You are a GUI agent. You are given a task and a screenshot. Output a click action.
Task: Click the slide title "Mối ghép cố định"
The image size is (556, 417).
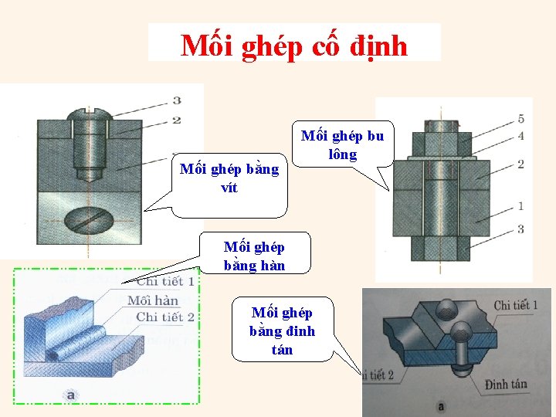tap(294, 46)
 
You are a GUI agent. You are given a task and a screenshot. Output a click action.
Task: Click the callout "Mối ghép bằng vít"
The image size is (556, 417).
tap(229, 178)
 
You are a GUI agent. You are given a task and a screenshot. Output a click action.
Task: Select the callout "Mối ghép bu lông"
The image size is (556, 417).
tap(342, 145)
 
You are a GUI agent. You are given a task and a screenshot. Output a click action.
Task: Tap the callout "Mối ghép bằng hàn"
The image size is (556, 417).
tap(254, 256)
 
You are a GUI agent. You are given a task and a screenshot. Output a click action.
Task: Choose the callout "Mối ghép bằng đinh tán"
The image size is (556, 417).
tap(282, 331)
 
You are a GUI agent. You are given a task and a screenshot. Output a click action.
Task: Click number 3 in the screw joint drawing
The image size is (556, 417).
tap(178, 100)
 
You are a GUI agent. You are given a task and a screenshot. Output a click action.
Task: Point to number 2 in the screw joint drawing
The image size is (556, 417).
tap(177, 120)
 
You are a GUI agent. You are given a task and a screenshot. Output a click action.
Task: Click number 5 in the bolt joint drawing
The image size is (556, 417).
tap(520, 119)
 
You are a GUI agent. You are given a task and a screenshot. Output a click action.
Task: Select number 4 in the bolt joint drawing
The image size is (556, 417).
tap(520, 136)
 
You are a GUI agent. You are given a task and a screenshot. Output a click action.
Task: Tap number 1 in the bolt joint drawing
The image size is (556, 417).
tap(520, 206)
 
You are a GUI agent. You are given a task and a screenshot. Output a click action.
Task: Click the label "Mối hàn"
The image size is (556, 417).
tap(153, 300)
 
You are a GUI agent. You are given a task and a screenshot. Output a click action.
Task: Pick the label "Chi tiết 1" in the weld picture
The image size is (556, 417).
tap(164, 282)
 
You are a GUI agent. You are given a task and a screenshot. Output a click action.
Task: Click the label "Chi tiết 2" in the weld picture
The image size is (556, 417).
tap(164, 317)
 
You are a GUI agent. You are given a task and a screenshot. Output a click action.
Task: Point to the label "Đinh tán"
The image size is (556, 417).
tap(507, 385)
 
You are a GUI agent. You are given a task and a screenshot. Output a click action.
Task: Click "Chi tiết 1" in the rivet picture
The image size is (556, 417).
tap(516, 306)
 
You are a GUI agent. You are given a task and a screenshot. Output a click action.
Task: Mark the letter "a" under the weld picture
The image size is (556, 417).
tap(70, 395)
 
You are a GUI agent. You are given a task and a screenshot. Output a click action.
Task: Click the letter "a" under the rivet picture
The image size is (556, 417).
tap(441, 406)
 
